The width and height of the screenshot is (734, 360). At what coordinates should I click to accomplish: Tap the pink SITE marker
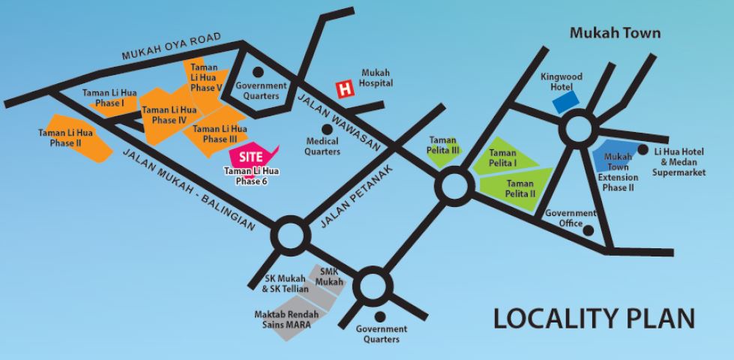pos(250,157)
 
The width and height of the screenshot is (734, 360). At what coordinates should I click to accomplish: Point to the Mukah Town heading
pos(615,34)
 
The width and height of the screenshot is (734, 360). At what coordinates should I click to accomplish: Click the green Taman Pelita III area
pos(448,147)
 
